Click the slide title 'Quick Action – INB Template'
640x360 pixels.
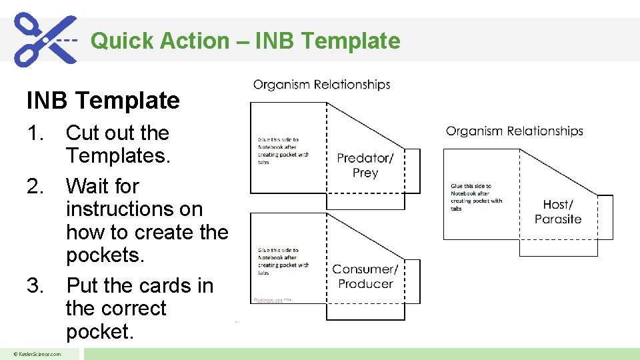tap(245, 41)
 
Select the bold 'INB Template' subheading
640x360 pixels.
tap(103, 101)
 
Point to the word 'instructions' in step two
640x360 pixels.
tap(134, 209)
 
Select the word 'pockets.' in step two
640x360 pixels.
tap(105, 255)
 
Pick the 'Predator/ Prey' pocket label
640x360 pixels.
tap(365, 165)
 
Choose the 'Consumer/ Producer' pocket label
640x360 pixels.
tap(365, 276)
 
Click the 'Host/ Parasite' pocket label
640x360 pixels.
tap(558, 212)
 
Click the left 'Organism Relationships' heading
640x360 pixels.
tap(321, 85)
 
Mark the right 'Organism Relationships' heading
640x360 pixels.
tap(514, 131)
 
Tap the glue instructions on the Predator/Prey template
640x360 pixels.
tap(283, 151)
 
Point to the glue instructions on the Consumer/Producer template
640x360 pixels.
tap(283, 261)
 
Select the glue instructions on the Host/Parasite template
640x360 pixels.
tap(476, 197)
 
